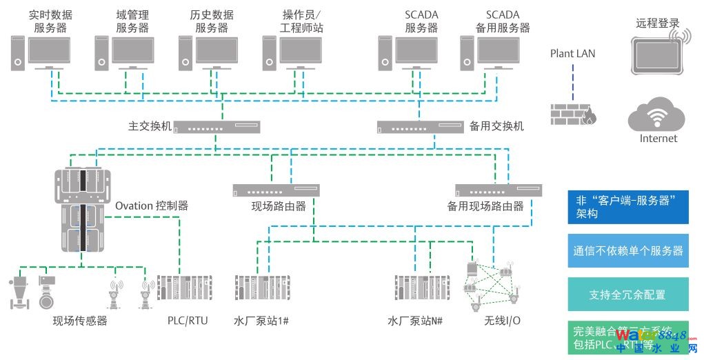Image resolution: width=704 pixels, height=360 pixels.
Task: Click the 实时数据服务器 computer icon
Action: (x=42, y=52)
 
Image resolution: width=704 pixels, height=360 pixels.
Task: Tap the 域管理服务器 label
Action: (x=132, y=21)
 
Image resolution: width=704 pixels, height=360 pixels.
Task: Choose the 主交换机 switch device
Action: (x=215, y=127)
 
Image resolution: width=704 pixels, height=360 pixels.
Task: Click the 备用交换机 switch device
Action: (x=419, y=127)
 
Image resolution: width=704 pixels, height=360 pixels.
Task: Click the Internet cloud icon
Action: (x=658, y=114)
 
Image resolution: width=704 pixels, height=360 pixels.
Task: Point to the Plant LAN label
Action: (x=572, y=54)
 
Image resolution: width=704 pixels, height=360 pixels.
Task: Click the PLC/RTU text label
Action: (x=188, y=321)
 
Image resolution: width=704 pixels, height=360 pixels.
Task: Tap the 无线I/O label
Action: (x=503, y=321)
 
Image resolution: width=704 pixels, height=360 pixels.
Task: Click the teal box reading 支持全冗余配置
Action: (x=627, y=294)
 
